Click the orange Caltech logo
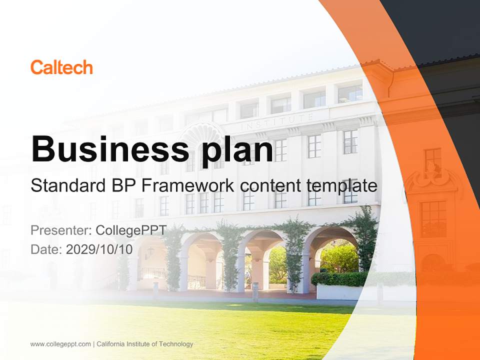(x=61, y=67)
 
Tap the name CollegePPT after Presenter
(x=131, y=230)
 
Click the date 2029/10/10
(x=99, y=249)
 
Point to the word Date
(x=46, y=249)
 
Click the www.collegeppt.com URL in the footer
(x=61, y=344)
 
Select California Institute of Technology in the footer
(x=145, y=344)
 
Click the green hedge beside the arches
(x=340, y=279)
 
